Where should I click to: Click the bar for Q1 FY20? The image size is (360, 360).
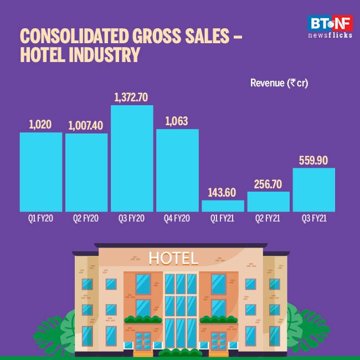pyautogui.click(x=41, y=172)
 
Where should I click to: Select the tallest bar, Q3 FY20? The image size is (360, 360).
pyautogui.click(x=132, y=158)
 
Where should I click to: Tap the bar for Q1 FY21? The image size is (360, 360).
pyautogui.click(x=223, y=206)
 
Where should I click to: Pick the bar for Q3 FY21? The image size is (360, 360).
pyautogui.click(x=313, y=190)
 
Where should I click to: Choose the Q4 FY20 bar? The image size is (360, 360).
pyautogui.click(x=177, y=170)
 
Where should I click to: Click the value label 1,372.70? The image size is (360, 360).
pyautogui.click(x=132, y=97)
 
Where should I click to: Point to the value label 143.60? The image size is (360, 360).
pyautogui.click(x=223, y=193)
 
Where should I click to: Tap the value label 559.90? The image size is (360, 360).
pyautogui.click(x=313, y=161)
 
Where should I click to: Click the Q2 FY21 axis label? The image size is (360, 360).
pyautogui.click(x=268, y=219)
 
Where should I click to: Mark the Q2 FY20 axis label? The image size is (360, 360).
pyautogui.click(x=86, y=219)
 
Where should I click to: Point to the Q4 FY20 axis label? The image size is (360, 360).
pyautogui.click(x=177, y=219)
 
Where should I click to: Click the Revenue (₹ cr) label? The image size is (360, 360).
pyautogui.click(x=279, y=84)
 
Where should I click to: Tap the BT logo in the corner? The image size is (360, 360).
pyautogui.click(x=318, y=23)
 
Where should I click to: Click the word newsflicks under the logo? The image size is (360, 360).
pyautogui.click(x=330, y=35)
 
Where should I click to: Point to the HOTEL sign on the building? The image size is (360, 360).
pyautogui.click(x=173, y=258)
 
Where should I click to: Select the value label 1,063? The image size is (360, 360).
pyautogui.click(x=177, y=121)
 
